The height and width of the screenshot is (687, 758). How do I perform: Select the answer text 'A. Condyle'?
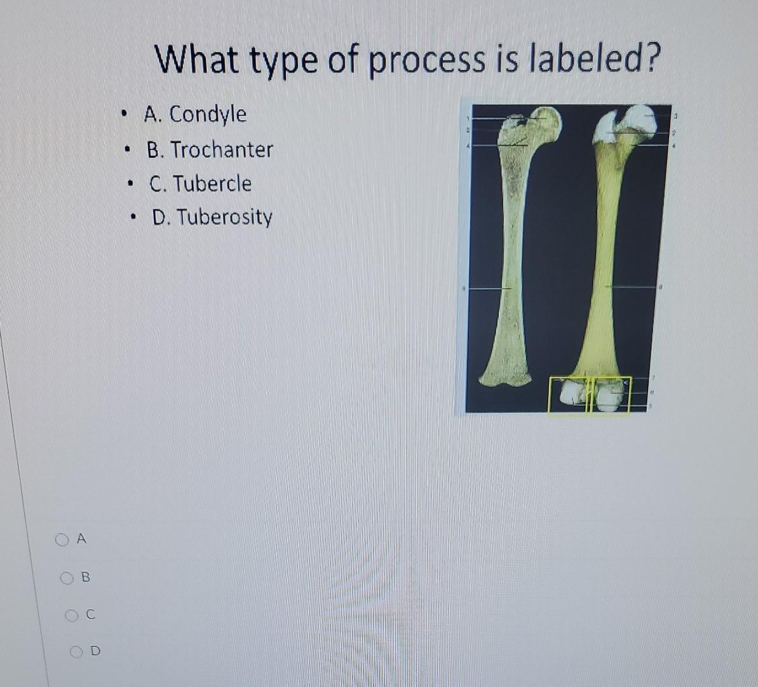pos(195,114)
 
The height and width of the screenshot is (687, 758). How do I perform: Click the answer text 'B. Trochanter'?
pos(210,150)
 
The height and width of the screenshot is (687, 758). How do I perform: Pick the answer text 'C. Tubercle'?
pos(200,184)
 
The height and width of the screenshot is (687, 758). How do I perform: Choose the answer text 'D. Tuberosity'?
pos(212,218)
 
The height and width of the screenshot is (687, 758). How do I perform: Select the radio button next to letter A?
pos(61,539)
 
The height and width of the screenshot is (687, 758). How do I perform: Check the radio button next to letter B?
pos(67,578)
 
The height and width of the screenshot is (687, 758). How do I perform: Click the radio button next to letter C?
pos(72,615)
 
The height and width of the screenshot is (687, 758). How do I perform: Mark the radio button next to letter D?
pos(76,651)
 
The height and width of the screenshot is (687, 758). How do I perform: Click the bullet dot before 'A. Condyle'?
pos(126,115)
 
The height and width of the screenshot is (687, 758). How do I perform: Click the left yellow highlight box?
pos(569,395)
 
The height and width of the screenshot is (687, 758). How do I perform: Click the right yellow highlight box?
pos(611,395)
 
